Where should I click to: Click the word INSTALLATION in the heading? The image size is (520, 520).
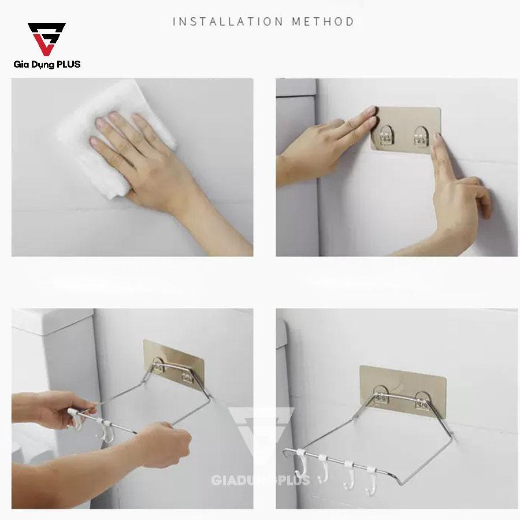click(x=228, y=22)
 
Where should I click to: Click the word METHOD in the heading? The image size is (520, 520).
click(x=323, y=22)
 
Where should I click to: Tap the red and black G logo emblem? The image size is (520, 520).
click(x=46, y=39)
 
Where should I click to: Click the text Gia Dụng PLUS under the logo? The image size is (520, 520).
click(x=47, y=64)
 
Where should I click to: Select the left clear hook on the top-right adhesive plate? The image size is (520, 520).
click(x=387, y=136)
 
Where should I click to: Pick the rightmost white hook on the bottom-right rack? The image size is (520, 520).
click(x=370, y=481)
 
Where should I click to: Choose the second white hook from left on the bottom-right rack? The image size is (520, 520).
click(x=322, y=468)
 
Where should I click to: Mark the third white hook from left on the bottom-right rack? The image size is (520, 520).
click(x=348, y=474)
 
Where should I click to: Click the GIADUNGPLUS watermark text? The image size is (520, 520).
click(x=261, y=480)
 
